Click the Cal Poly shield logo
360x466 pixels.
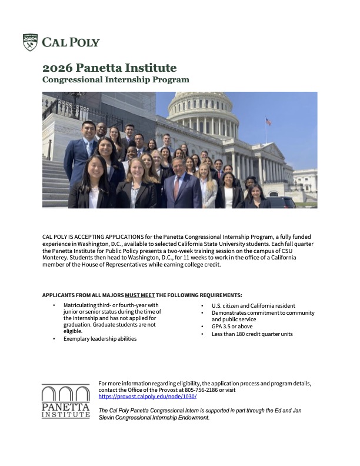coord(30,42)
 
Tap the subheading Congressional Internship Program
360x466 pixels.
coord(116,79)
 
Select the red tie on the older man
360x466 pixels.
coord(176,188)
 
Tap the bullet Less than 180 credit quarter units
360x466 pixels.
coord(252,334)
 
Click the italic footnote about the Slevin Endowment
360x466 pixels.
coord(200,414)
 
